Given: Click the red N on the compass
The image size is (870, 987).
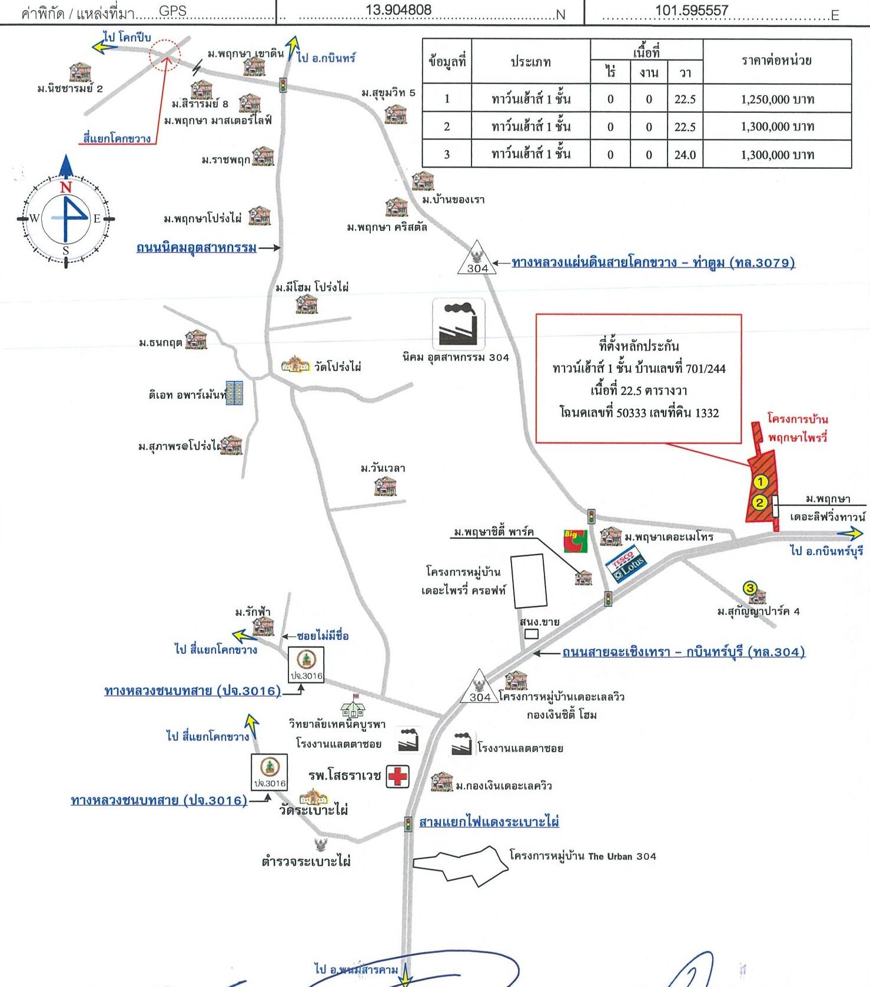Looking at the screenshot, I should pyautogui.click(x=65, y=187).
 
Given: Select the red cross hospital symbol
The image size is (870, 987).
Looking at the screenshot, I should pyautogui.click(x=398, y=776).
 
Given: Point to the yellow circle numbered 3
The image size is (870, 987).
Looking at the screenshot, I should pyautogui.click(x=749, y=588).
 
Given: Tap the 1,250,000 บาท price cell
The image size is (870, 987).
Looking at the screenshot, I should pyautogui.click(x=777, y=99).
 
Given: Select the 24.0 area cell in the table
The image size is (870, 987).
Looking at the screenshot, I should pyautogui.click(x=685, y=155).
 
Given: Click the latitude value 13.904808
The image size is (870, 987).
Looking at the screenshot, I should pyautogui.click(x=399, y=10).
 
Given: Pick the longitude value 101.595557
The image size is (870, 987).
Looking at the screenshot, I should pyautogui.click(x=692, y=11).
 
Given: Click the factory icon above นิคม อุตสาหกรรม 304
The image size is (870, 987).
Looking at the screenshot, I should pyautogui.click(x=459, y=324).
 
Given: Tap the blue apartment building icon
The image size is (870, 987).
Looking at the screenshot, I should pyautogui.click(x=235, y=393).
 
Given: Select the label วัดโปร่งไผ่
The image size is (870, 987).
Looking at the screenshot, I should pyautogui.click(x=337, y=367).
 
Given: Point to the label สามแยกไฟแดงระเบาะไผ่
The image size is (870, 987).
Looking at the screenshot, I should pyautogui.click(x=489, y=822).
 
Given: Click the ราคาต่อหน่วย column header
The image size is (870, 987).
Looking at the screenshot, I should pyautogui.click(x=777, y=60).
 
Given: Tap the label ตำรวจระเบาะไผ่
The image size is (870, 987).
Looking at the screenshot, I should pyautogui.click(x=306, y=862).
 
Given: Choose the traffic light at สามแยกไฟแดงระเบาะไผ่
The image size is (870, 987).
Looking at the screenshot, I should pyautogui.click(x=408, y=823).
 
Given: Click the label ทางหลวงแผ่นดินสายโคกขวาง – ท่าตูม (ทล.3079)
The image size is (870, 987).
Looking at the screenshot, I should pyautogui.click(x=653, y=262).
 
